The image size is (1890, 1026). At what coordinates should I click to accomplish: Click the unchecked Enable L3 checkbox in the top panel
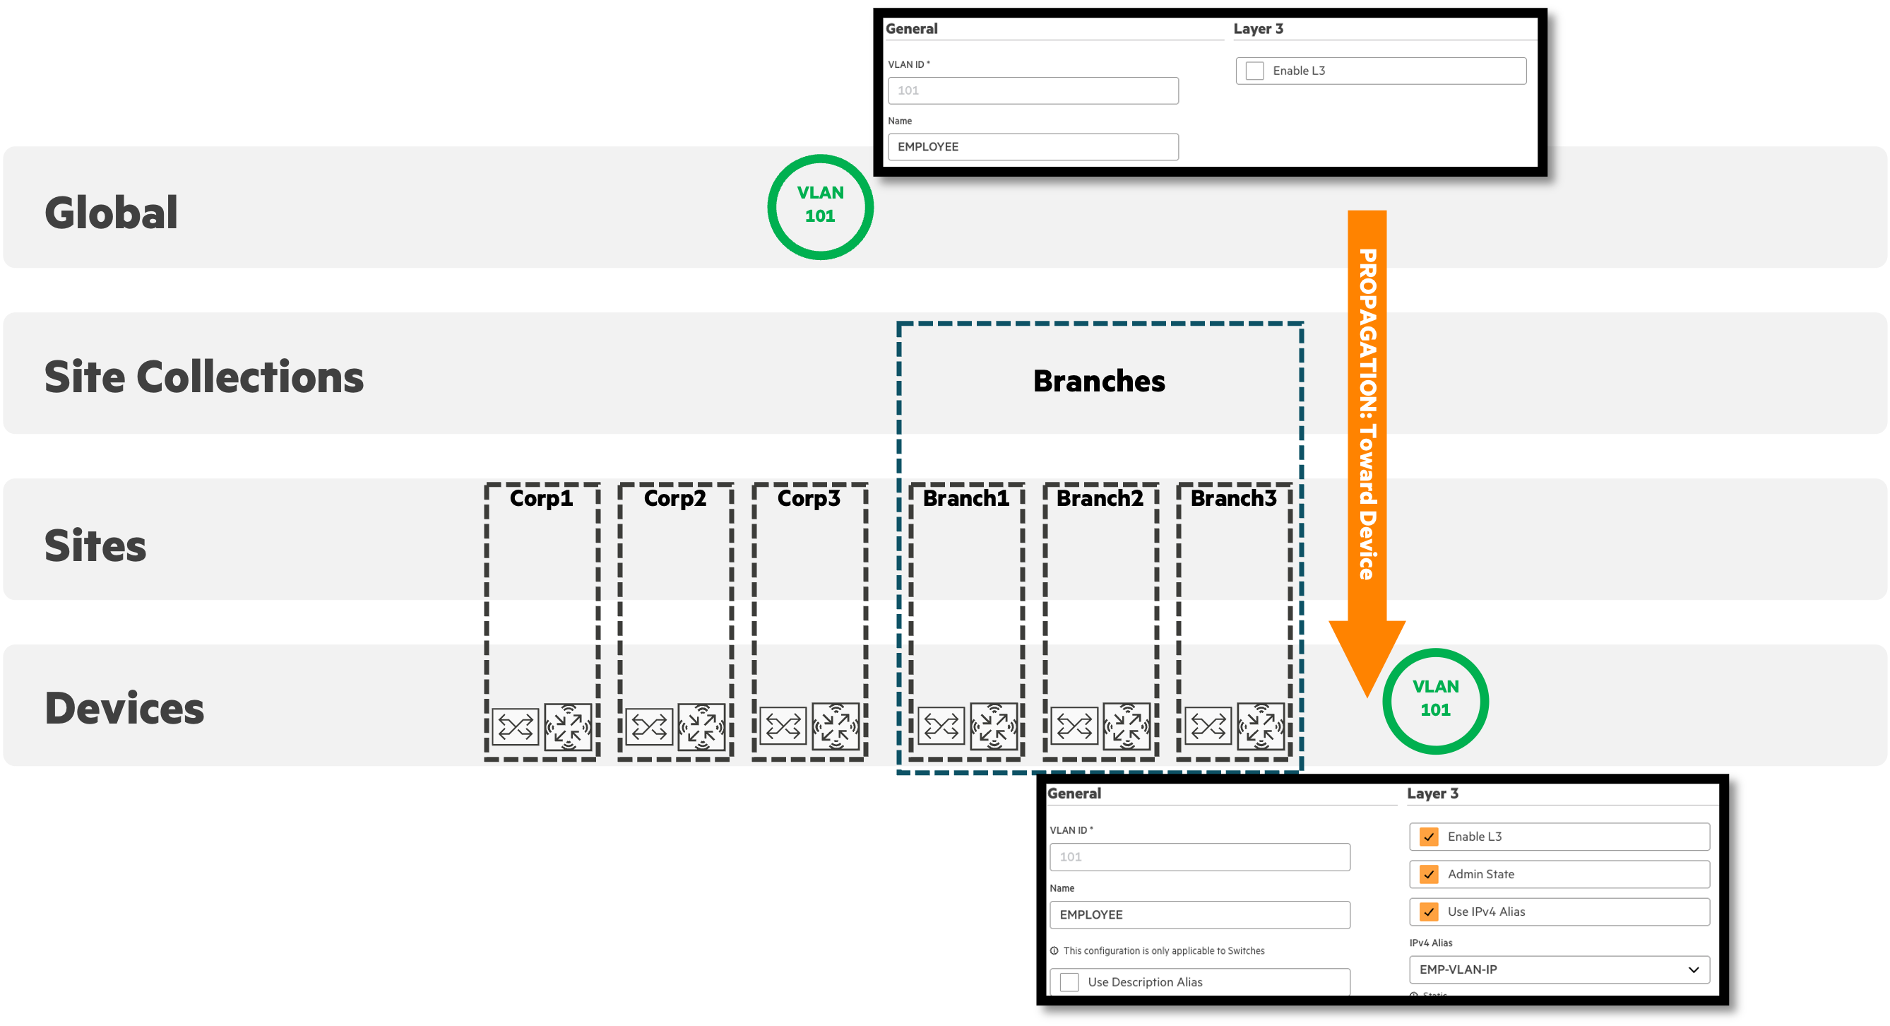click(x=1254, y=71)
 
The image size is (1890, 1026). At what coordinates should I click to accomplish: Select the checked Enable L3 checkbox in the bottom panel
click(x=1429, y=837)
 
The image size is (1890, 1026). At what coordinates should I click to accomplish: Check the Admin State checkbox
click(x=1429, y=874)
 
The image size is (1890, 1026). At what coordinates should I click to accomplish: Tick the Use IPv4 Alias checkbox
click(x=1429, y=912)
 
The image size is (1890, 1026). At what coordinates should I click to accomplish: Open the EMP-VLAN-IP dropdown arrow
click(x=1694, y=969)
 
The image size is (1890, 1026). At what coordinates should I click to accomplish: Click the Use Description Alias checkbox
click(x=1070, y=982)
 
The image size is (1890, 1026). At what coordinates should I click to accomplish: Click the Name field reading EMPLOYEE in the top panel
click(x=1033, y=147)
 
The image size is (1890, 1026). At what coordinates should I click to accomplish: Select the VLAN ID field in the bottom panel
click(x=1199, y=856)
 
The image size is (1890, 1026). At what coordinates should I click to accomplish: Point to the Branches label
click(x=1099, y=381)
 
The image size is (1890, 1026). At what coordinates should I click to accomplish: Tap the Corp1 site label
click(x=542, y=498)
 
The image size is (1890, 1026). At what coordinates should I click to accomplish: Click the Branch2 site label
click(x=1100, y=498)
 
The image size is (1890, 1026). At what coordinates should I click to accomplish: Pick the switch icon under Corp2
click(x=648, y=726)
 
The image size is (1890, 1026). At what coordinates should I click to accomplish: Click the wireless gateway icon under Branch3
click(x=1261, y=726)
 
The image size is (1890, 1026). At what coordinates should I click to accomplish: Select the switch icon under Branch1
click(x=941, y=726)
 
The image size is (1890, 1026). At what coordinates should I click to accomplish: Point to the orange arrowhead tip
click(x=1367, y=696)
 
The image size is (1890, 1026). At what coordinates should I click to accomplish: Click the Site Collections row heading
click(x=204, y=377)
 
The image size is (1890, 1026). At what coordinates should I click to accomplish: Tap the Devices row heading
click(x=125, y=708)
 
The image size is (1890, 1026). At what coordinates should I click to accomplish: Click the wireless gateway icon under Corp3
click(x=835, y=726)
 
